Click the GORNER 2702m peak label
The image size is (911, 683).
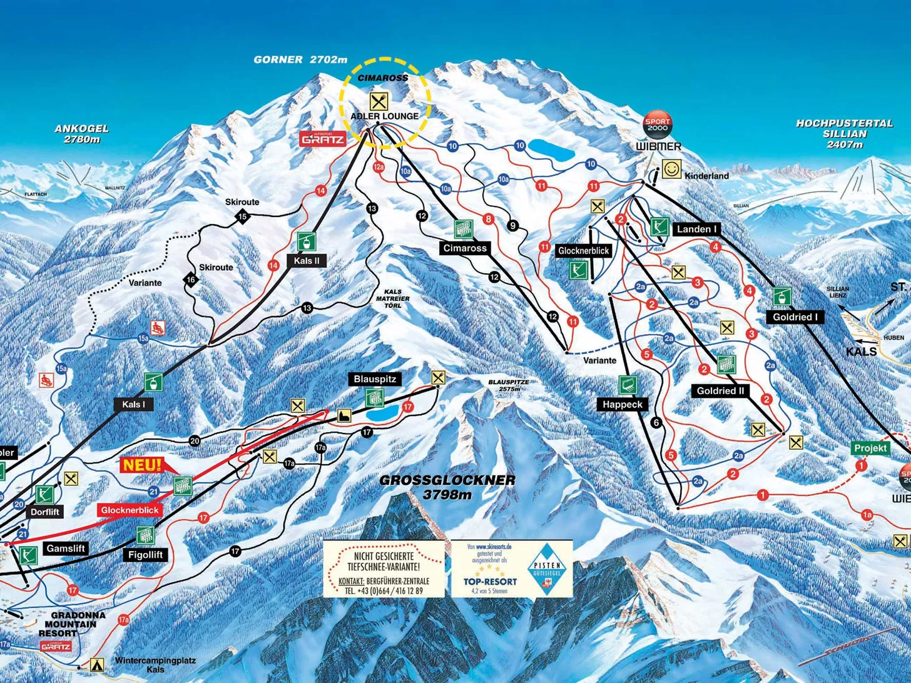point(300,59)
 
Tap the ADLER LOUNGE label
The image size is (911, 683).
point(384,116)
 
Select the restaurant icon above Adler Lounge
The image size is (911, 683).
point(378,101)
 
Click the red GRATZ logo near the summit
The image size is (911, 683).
point(323,139)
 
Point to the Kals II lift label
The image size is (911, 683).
point(307,260)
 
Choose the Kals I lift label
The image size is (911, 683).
point(133,404)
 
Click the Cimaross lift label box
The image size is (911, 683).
point(465,248)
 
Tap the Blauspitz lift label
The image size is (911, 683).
point(375,379)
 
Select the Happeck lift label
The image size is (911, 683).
point(623,404)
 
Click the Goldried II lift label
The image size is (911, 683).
point(721,391)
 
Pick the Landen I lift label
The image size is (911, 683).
point(696,229)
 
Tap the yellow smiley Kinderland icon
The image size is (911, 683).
point(671,169)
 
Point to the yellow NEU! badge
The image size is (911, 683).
point(142,465)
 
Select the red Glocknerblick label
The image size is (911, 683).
point(130,510)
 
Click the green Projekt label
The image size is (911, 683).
point(870,448)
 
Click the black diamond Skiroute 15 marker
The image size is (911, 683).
point(243,217)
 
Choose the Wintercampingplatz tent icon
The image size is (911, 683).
point(96,665)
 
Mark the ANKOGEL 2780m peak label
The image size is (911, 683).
point(81,133)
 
